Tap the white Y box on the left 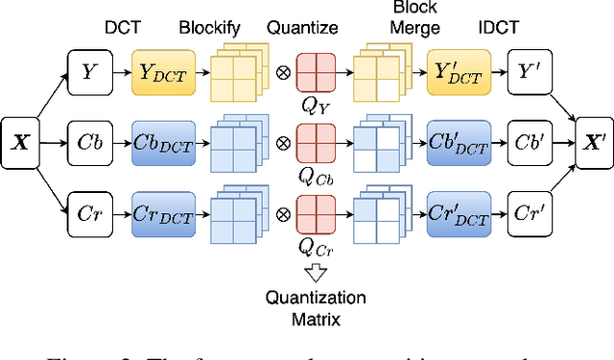point(89,69)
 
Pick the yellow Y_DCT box point(163,69)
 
